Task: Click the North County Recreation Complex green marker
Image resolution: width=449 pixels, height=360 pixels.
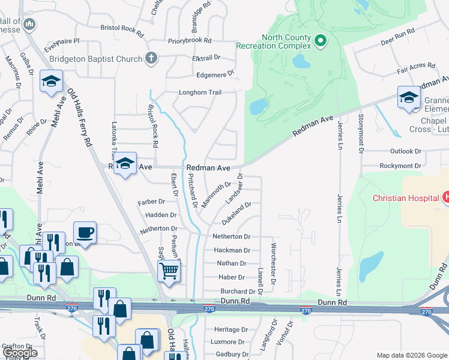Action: click(321, 41)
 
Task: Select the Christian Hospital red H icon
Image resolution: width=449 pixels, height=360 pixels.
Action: click(445, 197)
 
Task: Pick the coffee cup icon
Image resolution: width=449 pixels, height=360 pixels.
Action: click(85, 232)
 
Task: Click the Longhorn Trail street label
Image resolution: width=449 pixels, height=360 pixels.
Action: click(200, 92)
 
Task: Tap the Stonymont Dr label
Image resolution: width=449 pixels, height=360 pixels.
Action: click(361, 128)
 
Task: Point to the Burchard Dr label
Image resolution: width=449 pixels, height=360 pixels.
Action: click(238, 292)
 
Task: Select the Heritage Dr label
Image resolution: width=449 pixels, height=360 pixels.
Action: click(231, 329)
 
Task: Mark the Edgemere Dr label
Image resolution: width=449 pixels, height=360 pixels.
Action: click(215, 75)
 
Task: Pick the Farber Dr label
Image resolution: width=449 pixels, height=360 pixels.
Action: click(151, 202)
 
